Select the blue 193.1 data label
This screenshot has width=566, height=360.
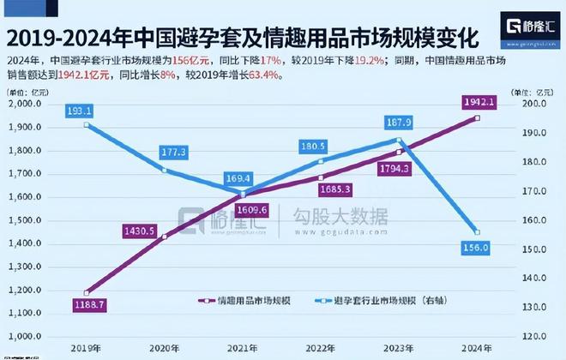point(83,111)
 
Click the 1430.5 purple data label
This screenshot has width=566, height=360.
point(140,231)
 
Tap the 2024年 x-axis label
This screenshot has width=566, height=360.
point(478,348)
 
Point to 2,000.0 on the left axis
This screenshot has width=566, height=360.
point(26,103)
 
